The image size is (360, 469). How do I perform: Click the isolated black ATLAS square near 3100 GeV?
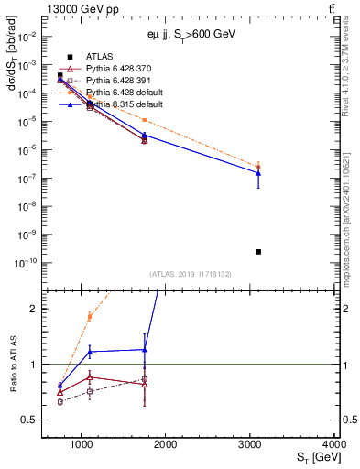coord(258,252)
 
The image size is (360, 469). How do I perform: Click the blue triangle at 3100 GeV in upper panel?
coord(258,172)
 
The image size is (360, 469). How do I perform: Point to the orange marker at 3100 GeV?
coord(258,167)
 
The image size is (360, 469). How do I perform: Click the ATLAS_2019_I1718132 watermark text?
coord(190,274)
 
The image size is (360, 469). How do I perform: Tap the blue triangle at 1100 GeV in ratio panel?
coord(89,352)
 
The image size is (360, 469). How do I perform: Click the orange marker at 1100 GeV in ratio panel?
coord(89,316)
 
